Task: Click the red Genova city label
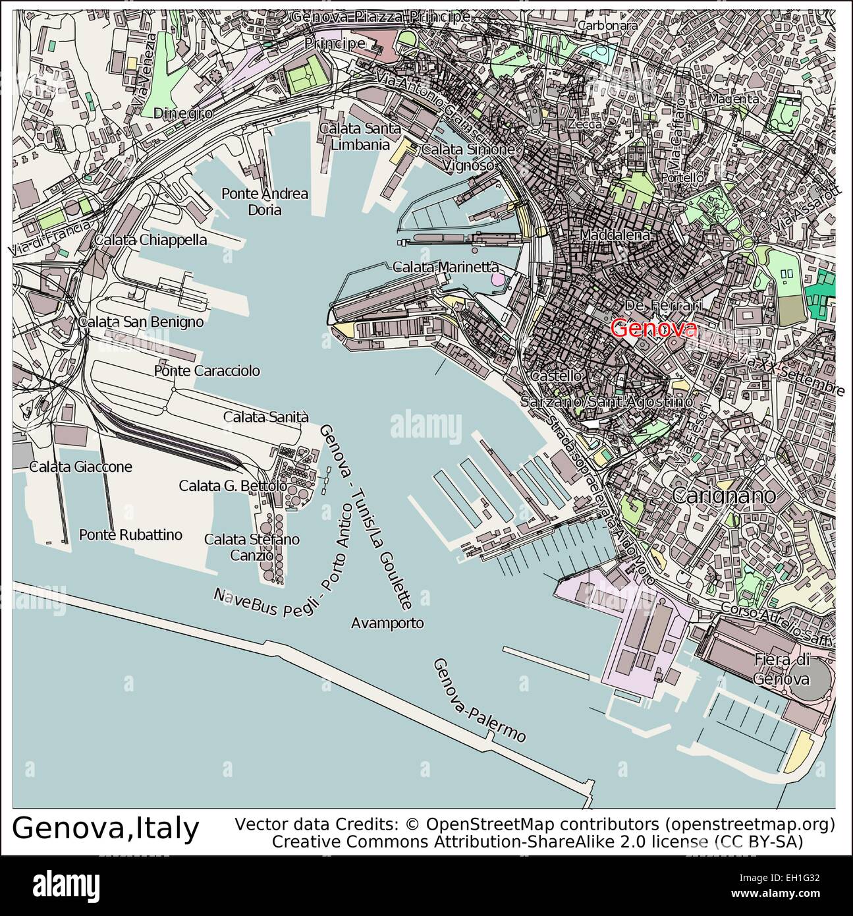[653, 328]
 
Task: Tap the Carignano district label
[724, 496]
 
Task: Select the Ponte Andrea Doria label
[265, 202]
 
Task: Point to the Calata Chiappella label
[150, 240]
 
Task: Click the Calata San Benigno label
[140, 322]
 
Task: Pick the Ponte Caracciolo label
[207, 371]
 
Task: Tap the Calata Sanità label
[266, 416]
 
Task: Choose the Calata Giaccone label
[80, 467]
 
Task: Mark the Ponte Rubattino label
[130, 534]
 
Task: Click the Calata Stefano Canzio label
[252, 547]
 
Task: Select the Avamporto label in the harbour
[387, 623]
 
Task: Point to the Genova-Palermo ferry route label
[479, 700]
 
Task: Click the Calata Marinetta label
[445, 267]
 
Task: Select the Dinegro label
[182, 113]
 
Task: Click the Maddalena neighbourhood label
[615, 235]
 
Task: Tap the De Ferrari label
[663, 306]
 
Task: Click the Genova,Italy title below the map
[105, 828]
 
